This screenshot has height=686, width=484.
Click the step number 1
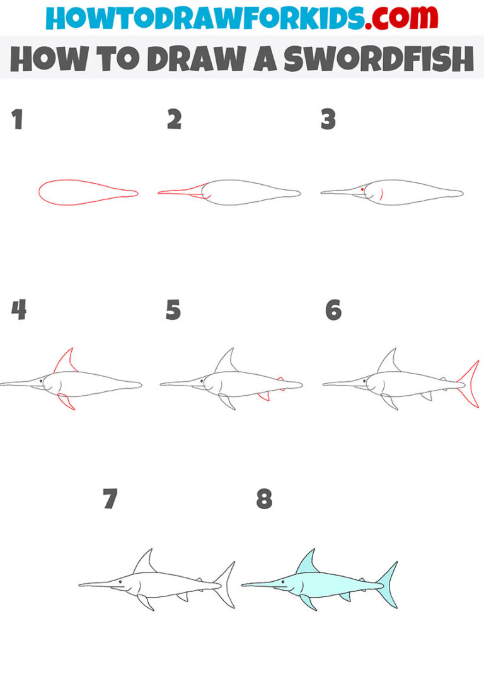(18, 119)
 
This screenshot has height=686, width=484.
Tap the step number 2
(174, 119)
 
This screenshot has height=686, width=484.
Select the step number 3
(328, 119)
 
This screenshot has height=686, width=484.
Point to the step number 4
(19, 310)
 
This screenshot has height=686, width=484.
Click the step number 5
(173, 310)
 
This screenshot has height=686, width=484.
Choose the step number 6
(333, 310)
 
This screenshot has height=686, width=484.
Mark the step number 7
(110, 499)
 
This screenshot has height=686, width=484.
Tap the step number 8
(264, 499)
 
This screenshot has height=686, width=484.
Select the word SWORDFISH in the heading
(378, 59)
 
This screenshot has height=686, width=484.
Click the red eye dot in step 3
(362, 189)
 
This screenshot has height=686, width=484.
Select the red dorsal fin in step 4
(65, 361)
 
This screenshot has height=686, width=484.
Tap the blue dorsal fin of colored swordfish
(307, 563)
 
